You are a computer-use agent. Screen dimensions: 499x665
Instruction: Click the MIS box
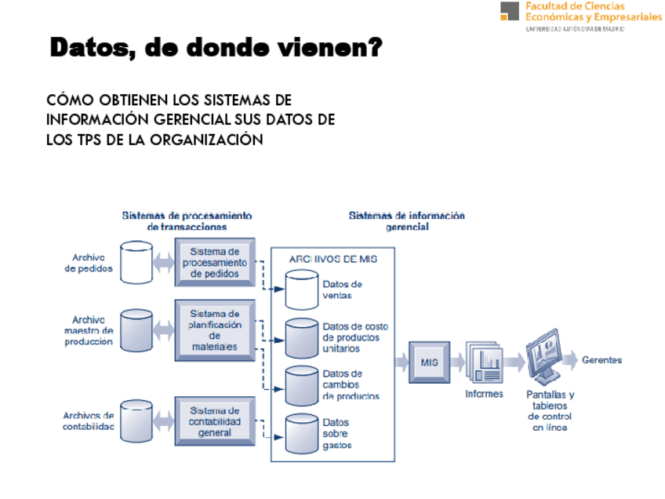(429, 362)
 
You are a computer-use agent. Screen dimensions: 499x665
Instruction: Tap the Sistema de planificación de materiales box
(215, 330)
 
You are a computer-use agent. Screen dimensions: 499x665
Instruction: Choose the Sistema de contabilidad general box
(215, 421)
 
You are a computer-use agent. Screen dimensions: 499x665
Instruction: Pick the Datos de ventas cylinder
(301, 290)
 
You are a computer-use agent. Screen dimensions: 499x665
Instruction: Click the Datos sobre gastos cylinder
(301, 434)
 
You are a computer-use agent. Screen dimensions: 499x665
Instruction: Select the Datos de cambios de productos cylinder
(301, 385)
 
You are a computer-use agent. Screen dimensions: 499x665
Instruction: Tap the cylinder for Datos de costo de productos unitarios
(301, 337)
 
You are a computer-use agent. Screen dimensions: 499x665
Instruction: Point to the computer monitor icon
(549, 357)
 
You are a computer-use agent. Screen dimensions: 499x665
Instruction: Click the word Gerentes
(601, 360)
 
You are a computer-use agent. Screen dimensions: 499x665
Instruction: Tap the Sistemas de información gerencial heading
(406, 220)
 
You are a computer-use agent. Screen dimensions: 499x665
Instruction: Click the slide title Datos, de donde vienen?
(216, 49)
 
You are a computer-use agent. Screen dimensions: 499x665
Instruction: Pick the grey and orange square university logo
(510, 11)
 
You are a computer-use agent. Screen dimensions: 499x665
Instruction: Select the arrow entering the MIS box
(401, 362)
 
